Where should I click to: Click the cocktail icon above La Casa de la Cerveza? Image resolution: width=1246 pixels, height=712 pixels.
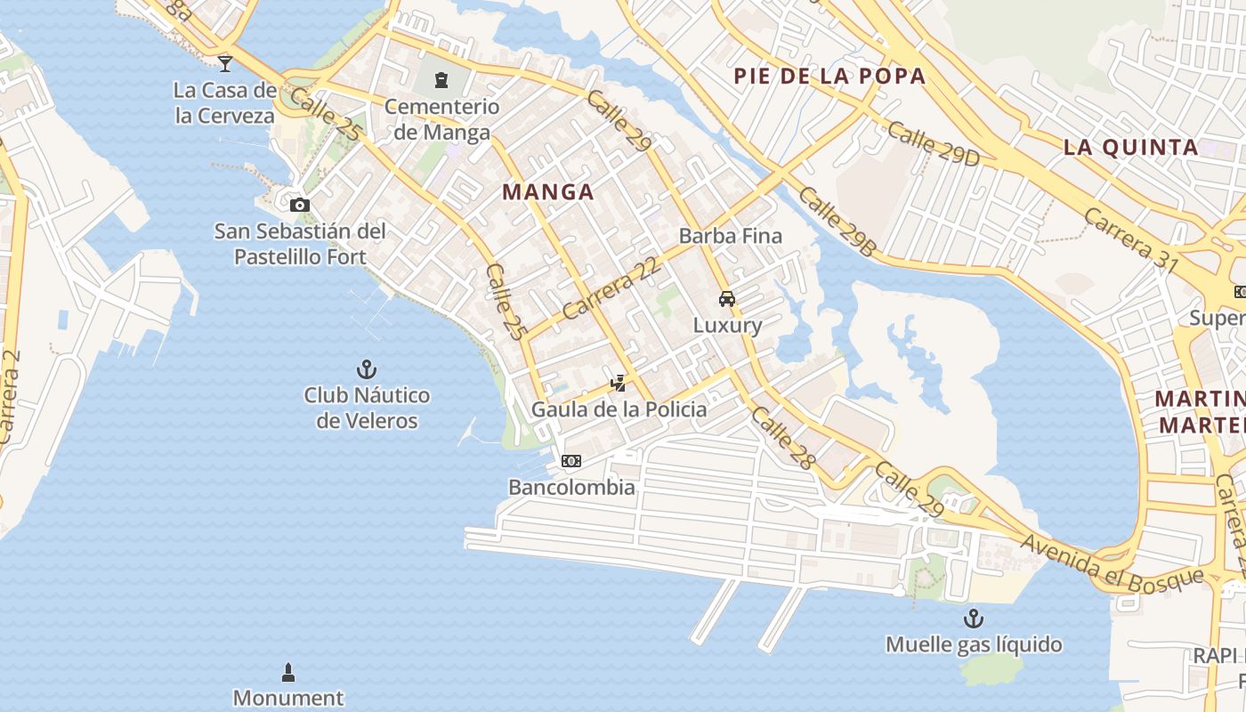(x=225, y=62)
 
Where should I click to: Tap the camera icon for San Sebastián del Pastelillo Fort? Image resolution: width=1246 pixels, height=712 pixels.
(x=300, y=205)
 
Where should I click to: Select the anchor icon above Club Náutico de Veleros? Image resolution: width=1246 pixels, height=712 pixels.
(x=367, y=368)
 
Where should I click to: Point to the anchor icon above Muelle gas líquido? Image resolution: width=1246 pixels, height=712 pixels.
(x=974, y=618)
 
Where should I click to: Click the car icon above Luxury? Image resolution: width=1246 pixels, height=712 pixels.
(x=727, y=299)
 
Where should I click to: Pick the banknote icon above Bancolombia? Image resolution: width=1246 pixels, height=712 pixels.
(x=571, y=461)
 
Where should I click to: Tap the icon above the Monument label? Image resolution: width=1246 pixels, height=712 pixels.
(x=287, y=671)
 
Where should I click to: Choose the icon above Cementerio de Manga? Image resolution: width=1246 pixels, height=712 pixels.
(x=441, y=80)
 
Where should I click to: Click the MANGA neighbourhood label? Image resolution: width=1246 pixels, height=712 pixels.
(x=548, y=191)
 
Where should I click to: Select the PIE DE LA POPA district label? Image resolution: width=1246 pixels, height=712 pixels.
(x=829, y=77)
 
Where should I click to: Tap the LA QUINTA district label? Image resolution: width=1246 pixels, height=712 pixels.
(x=1131, y=148)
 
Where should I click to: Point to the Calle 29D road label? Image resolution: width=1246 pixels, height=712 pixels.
(x=933, y=142)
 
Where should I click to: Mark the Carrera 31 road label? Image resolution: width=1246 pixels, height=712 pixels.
(x=1130, y=240)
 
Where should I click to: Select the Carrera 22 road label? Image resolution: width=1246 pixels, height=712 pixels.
(x=613, y=288)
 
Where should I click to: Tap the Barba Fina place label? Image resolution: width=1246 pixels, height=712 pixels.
(x=730, y=236)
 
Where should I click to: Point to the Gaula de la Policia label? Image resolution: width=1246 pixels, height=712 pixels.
(x=619, y=409)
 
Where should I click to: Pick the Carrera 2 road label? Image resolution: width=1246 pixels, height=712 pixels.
(x=11, y=396)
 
